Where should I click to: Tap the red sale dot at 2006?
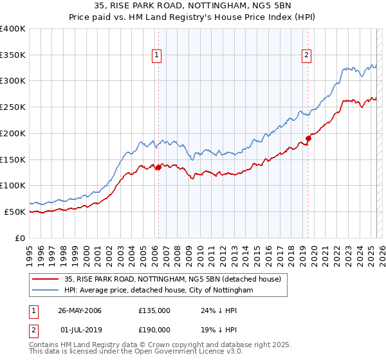click(x=158, y=168)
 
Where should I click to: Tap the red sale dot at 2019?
click(x=308, y=138)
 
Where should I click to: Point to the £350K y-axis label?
click(x=13, y=55)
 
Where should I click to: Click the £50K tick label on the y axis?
click(x=15, y=212)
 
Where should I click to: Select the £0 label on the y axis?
click(x=21, y=238)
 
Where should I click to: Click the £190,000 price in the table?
click(x=154, y=328)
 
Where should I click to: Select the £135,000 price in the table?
click(x=154, y=310)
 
